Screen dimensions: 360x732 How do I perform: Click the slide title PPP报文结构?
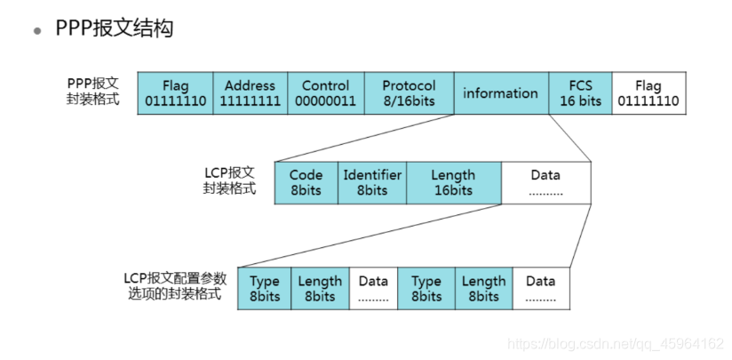[x=114, y=28]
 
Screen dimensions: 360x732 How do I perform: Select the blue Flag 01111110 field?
[x=175, y=93]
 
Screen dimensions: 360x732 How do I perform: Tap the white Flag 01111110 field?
[x=648, y=93]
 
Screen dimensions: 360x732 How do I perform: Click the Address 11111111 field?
[x=250, y=93]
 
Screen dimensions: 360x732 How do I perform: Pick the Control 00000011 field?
[x=325, y=93]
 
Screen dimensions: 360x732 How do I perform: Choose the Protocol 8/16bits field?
[x=409, y=93]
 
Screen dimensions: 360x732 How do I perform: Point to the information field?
[x=500, y=93]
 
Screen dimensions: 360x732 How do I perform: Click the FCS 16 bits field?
[x=580, y=93]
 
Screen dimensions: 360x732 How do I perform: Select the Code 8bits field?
[x=306, y=183]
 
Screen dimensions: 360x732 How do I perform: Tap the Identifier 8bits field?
[x=372, y=183]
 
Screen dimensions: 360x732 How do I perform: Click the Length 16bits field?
[x=453, y=183]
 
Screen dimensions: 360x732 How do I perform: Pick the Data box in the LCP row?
[x=545, y=183]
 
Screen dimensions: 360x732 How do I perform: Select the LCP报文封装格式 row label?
[x=229, y=180]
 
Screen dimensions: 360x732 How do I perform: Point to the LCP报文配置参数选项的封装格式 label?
[x=175, y=286]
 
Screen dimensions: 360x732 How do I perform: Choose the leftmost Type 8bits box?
[x=264, y=289]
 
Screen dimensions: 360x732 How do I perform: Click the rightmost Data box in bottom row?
[x=540, y=289]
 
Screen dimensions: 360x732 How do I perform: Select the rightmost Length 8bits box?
[x=483, y=289]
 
